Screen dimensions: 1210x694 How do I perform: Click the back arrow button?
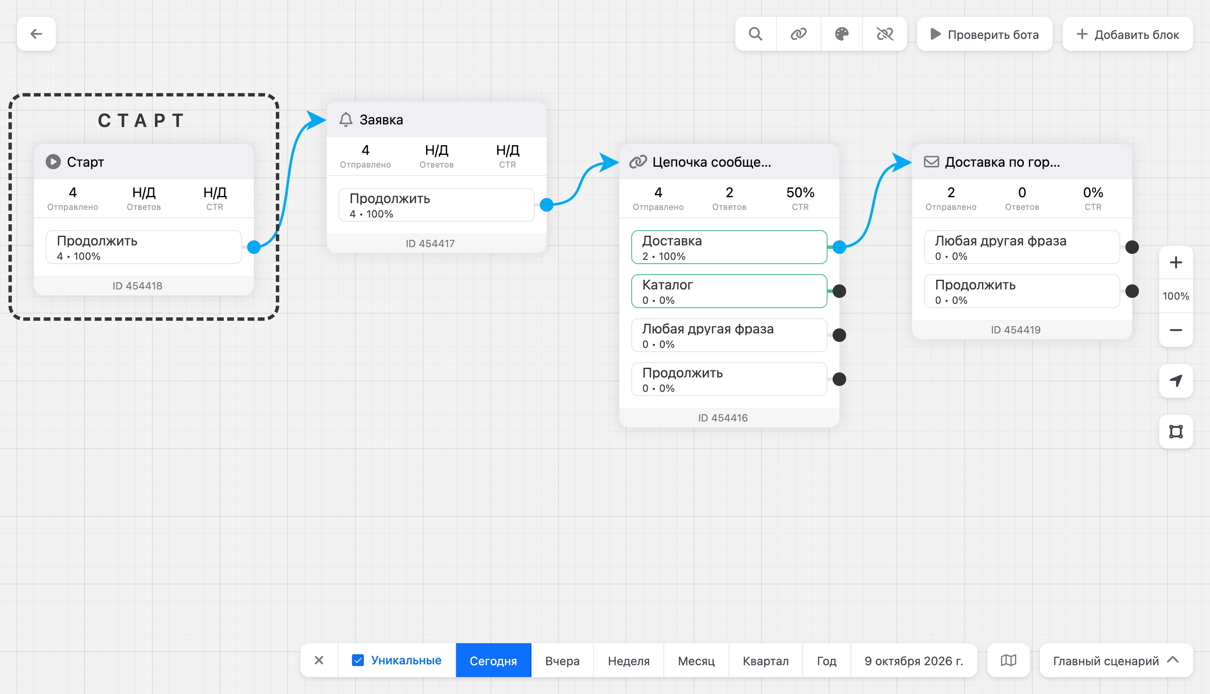[x=36, y=34]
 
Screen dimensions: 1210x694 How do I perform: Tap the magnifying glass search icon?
[x=755, y=34]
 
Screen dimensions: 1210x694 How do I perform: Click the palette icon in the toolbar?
[x=841, y=34]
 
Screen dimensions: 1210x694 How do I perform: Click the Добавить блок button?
[x=1127, y=34]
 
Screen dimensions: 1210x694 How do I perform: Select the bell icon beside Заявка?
[x=346, y=120]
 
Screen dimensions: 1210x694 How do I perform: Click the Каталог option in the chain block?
[x=729, y=291]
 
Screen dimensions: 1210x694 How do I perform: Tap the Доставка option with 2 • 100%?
[x=729, y=247]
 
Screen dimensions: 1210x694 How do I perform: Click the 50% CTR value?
[x=800, y=193]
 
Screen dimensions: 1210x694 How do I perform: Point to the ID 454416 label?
[x=723, y=418]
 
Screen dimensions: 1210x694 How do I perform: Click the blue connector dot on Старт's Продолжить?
[x=254, y=247]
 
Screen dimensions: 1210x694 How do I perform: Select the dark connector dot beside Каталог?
[x=839, y=291]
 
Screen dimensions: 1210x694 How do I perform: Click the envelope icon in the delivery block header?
[x=932, y=162]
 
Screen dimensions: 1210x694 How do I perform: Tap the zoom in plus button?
[x=1176, y=263]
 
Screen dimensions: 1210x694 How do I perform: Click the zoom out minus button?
[x=1176, y=330]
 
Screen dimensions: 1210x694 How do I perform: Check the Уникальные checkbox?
[x=358, y=660]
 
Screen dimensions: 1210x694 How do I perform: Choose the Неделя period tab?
[x=629, y=661]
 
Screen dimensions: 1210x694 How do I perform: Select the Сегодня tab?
[x=493, y=661]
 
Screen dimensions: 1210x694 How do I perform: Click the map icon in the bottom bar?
[x=1009, y=661]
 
